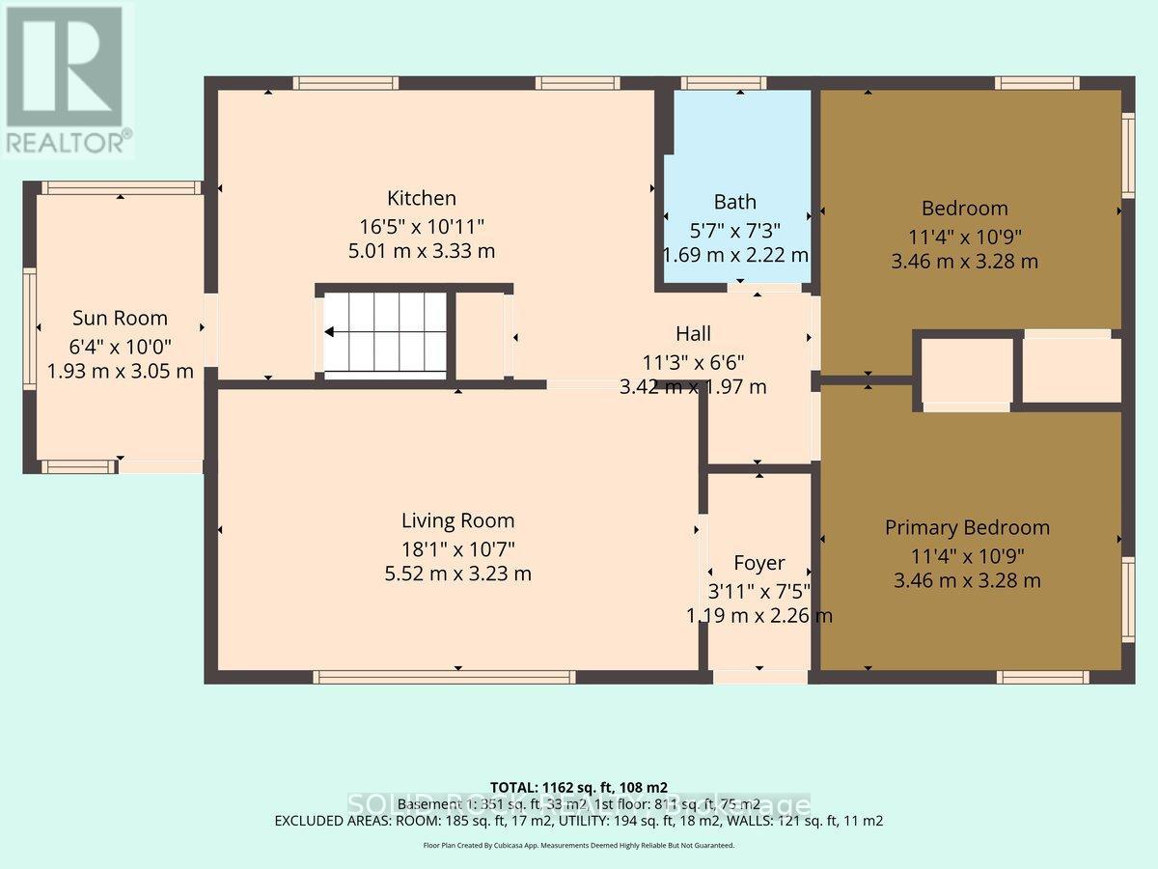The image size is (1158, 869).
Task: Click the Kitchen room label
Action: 421,199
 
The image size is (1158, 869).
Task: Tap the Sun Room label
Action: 121,319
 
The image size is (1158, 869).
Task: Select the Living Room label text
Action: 457,521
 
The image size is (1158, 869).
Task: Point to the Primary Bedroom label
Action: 967,528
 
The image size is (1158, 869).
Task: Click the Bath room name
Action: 734,203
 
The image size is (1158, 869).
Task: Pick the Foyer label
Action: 758,563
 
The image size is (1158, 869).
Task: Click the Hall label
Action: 693,334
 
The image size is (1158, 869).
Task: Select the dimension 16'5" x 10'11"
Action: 421,226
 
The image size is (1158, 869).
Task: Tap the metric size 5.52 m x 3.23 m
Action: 457,574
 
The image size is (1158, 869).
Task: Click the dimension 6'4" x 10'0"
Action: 121,346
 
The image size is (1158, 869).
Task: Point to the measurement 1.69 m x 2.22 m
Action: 734,256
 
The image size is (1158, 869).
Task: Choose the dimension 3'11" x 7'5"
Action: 758,590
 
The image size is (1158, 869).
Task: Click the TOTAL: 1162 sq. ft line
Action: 579,787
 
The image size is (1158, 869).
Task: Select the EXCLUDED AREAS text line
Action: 579,822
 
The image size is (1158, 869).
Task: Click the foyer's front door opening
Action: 759,677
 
